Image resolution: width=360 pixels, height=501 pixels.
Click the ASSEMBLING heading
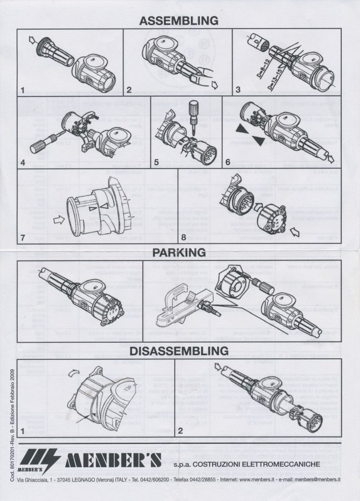[x=179, y=21]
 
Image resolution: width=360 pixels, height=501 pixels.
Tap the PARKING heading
[x=179, y=251]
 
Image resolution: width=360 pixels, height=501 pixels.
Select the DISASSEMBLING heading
[x=179, y=350]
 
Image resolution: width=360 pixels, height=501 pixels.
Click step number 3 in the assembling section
[x=237, y=90]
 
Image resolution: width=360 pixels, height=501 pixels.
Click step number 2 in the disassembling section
[x=180, y=430]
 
